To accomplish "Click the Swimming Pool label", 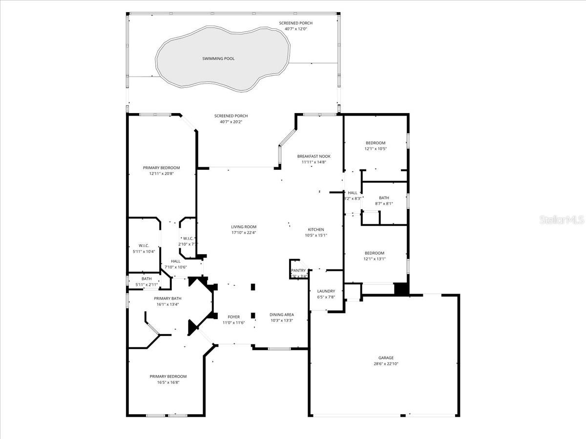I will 218,59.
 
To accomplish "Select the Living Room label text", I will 244,226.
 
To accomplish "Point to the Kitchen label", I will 315,229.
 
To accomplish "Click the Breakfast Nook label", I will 313,156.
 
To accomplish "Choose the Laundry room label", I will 326,291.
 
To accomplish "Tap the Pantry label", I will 298,270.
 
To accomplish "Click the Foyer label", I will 229,317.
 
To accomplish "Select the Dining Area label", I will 282,315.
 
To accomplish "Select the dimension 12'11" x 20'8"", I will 161,174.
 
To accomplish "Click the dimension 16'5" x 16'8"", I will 168,382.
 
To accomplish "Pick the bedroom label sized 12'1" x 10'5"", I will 376,143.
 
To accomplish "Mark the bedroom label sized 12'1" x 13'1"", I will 375,253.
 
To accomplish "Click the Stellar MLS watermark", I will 561,220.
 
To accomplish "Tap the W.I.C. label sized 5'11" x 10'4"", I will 144,245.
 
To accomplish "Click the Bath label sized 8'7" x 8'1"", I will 384,198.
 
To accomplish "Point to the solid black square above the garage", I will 401,289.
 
